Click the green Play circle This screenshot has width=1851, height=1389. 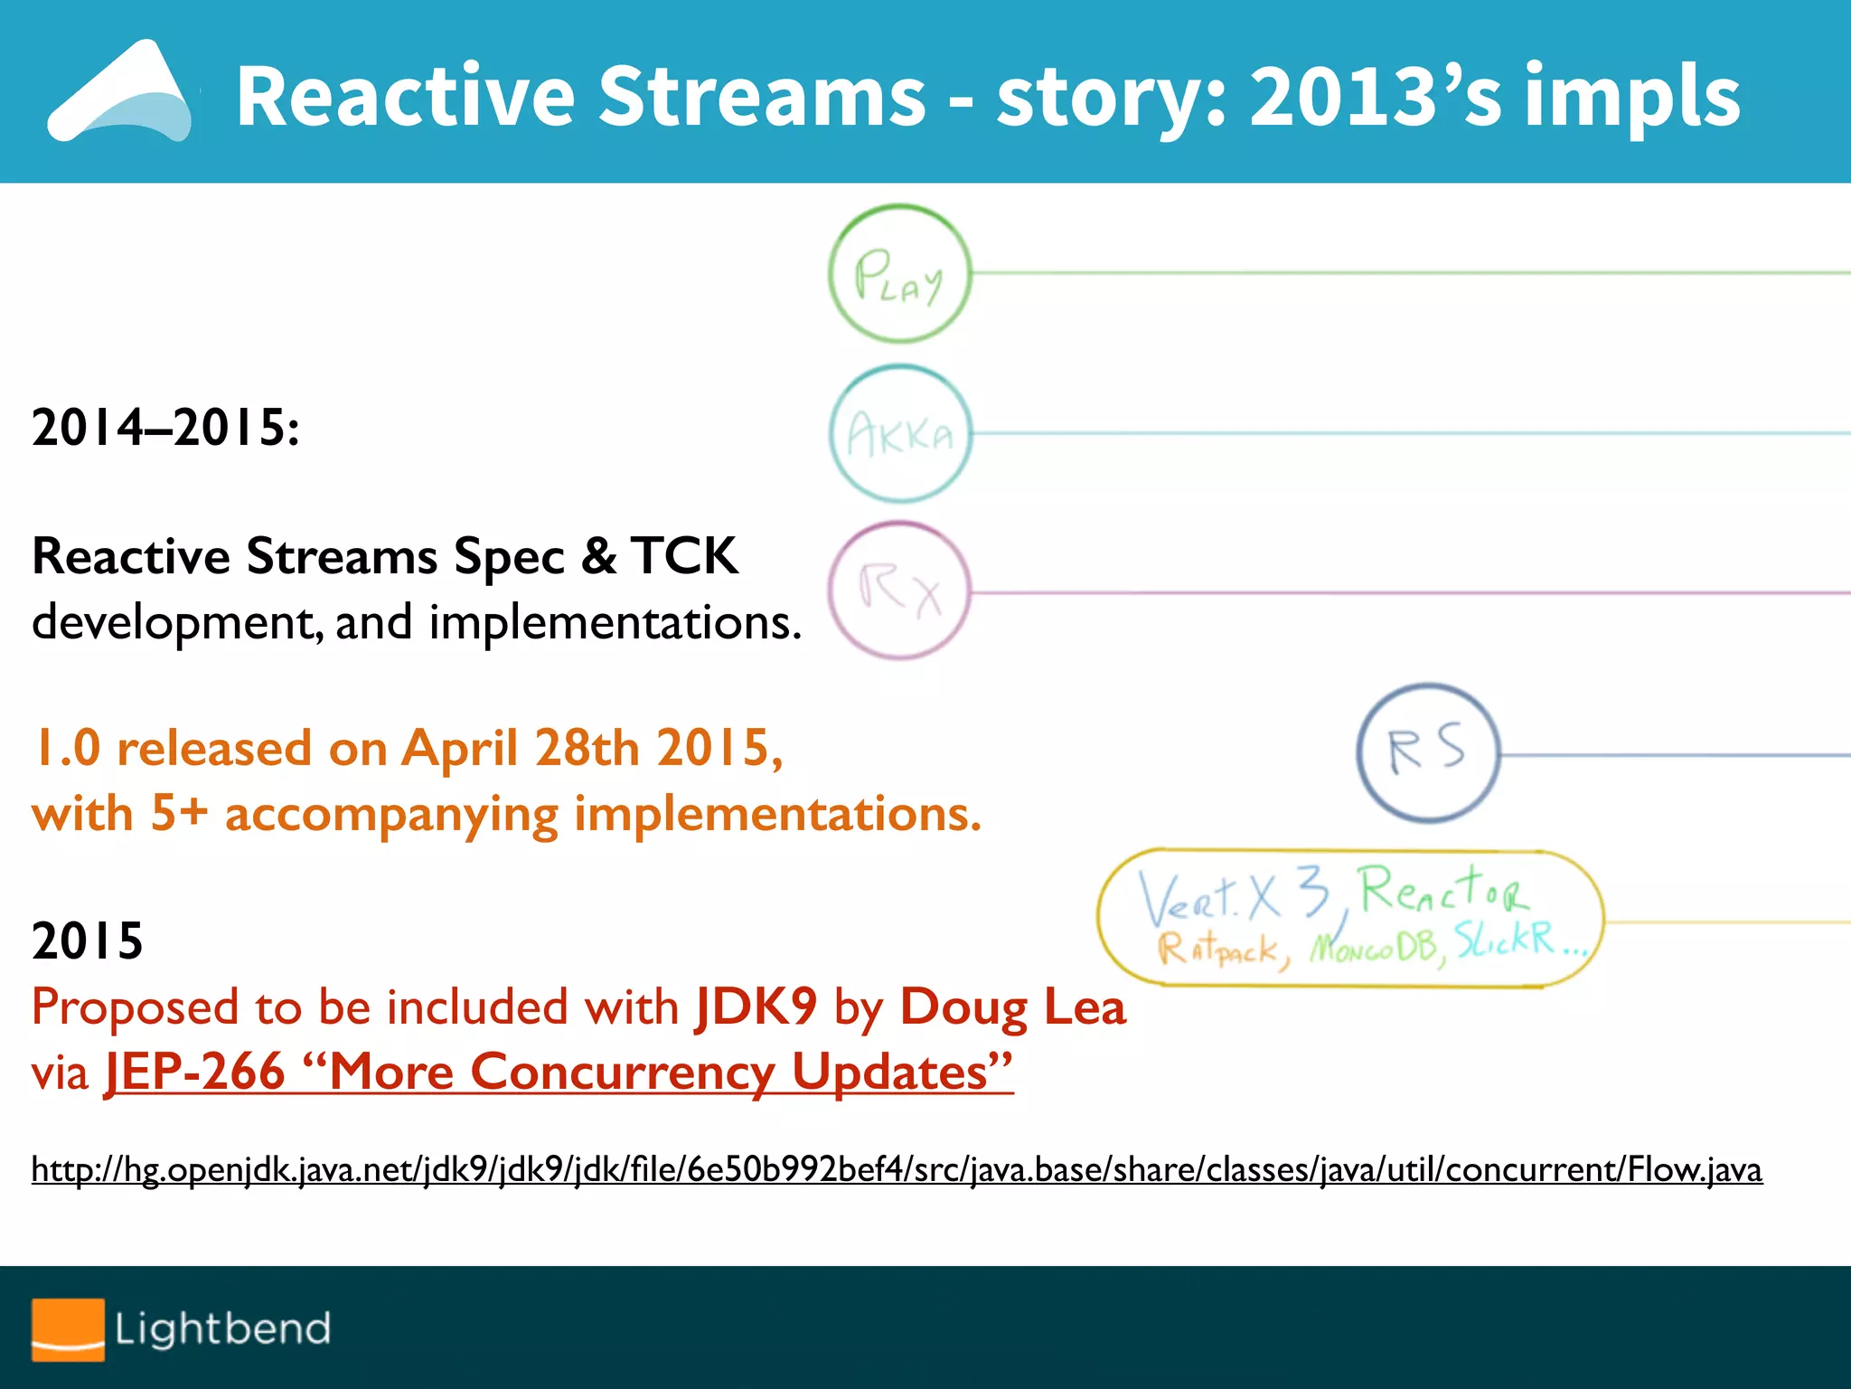899,273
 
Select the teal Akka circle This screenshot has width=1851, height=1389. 900,434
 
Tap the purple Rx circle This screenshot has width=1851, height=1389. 899,591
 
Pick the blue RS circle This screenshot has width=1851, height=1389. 1428,752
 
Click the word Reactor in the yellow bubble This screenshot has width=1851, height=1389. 1444,890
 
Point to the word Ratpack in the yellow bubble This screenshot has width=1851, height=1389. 1218,950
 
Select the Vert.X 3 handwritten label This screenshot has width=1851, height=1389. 1234,895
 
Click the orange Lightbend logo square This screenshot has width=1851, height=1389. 68,1329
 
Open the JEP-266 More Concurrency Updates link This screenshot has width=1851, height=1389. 559,1072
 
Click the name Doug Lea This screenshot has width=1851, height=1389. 1012,1006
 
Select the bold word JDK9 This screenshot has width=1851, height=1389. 756,1006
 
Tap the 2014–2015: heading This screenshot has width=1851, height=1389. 165,428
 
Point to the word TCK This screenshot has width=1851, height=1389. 684,555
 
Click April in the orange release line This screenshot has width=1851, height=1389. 459,749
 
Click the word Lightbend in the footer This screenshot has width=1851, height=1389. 222,1329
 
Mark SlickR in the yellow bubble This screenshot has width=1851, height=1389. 1505,940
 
